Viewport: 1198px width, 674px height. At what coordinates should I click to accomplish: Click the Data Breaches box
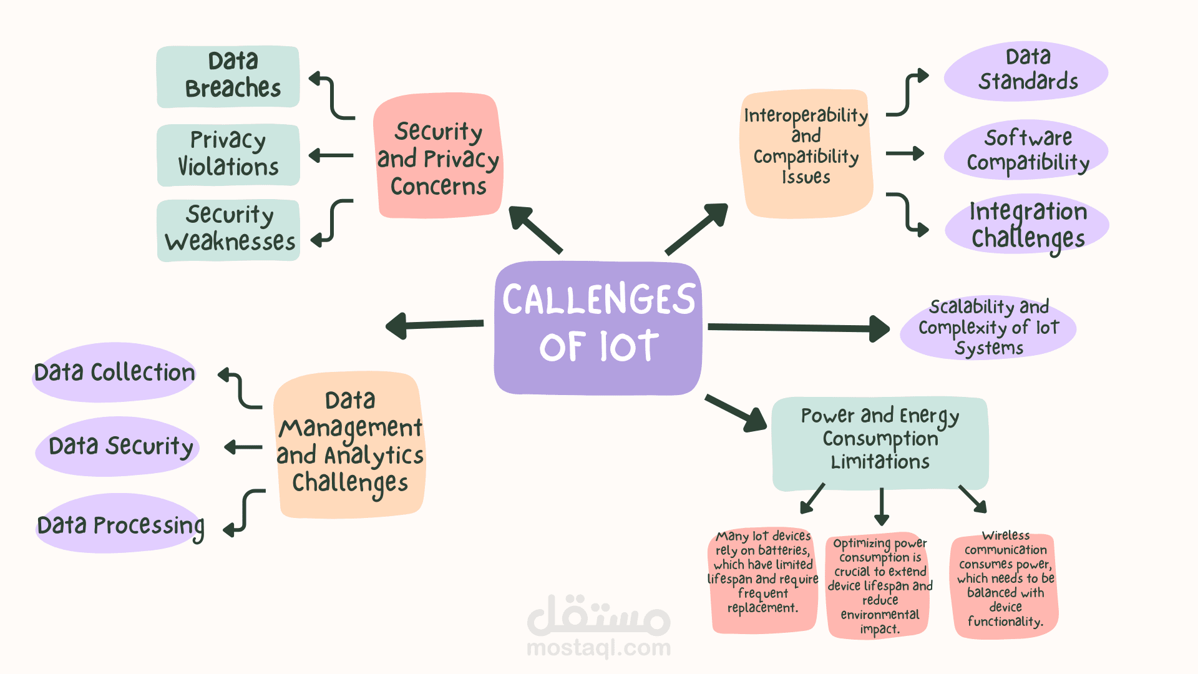[x=228, y=76]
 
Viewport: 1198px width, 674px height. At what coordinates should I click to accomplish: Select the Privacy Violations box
[x=228, y=155]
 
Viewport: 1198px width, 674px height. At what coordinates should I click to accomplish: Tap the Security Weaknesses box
[x=228, y=230]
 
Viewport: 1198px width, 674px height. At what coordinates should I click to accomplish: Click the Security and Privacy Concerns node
[x=438, y=157]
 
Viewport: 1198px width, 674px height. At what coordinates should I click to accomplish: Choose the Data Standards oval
[x=1026, y=71]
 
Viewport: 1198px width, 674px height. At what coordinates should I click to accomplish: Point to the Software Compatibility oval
[x=1026, y=150]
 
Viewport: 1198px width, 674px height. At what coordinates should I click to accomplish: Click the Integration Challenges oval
[x=1027, y=225]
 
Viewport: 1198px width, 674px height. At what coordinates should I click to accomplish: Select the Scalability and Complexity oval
[x=988, y=328]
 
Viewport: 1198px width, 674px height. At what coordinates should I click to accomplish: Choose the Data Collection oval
[x=115, y=373]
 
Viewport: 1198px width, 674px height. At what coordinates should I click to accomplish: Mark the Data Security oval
[x=119, y=446]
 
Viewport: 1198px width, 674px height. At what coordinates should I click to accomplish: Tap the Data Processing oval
[x=120, y=524]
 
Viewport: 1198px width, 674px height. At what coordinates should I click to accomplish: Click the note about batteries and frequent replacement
[x=762, y=579]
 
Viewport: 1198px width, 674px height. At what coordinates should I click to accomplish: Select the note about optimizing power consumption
[x=879, y=585]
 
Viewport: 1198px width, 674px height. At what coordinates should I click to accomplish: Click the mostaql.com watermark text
[x=598, y=648]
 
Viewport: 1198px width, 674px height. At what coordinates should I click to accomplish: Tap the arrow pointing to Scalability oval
[x=799, y=328]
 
